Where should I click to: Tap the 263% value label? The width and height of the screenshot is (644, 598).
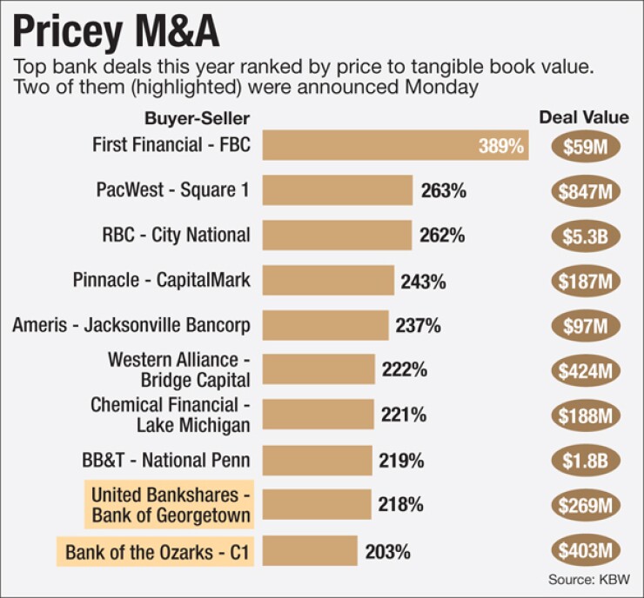click(443, 190)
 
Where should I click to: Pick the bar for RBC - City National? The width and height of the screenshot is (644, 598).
click(337, 235)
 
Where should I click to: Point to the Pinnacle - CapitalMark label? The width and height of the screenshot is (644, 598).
click(162, 280)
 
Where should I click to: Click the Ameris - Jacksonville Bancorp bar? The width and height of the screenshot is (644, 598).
click(325, 326)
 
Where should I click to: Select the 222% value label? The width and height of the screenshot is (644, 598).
click(404, 370)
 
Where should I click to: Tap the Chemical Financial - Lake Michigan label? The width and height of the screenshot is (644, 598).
click(171, 415)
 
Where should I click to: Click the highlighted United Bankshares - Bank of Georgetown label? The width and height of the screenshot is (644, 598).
click(171, 505)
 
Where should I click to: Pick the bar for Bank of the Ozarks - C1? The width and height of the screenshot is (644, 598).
click(310, 551)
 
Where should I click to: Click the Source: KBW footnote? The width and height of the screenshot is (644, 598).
click(589, 578)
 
